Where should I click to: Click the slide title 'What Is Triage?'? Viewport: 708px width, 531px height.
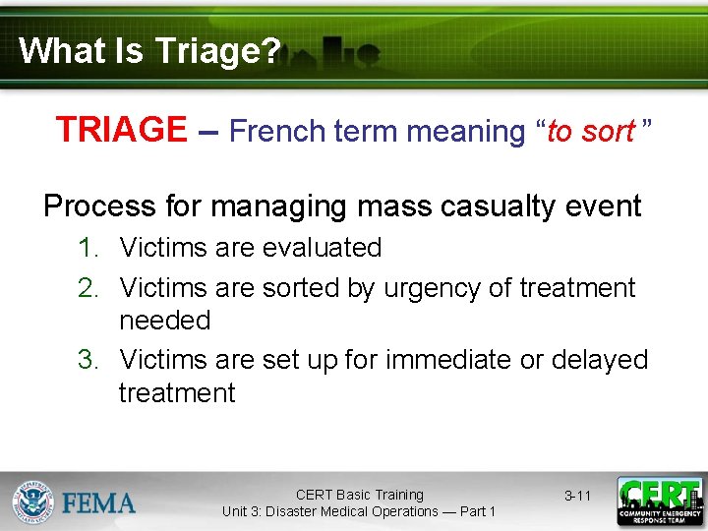[149, 50]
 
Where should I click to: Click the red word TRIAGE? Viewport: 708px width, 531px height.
[121, 130]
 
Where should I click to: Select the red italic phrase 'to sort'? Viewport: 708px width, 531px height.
[590, 131]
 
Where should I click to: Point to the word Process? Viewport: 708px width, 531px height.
[99, 206]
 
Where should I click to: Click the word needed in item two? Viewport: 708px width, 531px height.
[164, 321]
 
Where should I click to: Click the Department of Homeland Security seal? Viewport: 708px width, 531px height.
[32, 501]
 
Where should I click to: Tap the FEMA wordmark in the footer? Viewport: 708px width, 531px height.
[99, 503]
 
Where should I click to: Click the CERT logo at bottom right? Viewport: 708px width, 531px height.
[659, 501]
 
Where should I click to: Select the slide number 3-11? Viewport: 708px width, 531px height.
[577, 496]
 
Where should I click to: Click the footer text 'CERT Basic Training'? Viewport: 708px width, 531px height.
[359, 495]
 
